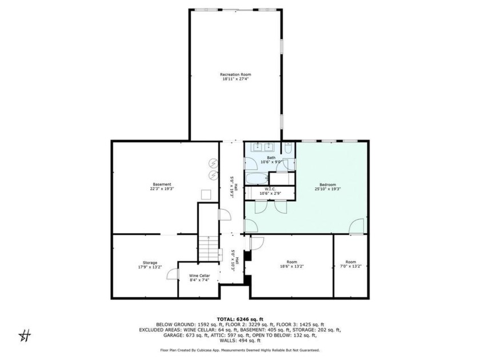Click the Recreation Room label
tap(235, 74)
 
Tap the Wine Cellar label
tap(199, 275)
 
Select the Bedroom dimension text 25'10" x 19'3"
tap(327, 189)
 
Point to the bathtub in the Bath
tap(257, 179)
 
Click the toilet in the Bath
tap(288, 148)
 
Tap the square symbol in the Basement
tap(206, 195)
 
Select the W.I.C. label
tap(270, 189)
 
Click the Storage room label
tap(150, 263)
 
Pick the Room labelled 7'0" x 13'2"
tap(350, 264)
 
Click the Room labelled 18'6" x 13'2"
tap(292, 264)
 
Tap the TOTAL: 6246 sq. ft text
tap(240, 319)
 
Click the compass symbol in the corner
tap(25, 336)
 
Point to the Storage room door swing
tap(173, 274)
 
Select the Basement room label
tap(162, 184)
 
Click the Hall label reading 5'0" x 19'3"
tap(234, 187)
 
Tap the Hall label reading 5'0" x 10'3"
tap(235, 261)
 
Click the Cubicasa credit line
tap(240, 350)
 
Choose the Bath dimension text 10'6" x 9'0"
tap(271, 162)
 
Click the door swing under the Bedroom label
tap(357, 226)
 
